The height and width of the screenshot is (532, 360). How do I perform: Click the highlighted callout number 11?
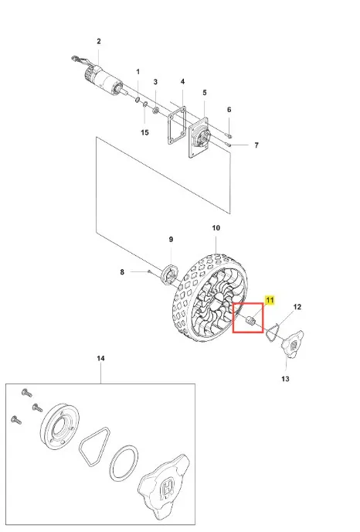pyautogui.click(x=270, y=300)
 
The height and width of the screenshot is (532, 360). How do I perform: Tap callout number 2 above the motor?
pyautogui.click(x=99, y=42)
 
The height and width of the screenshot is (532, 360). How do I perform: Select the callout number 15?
pyautogui.click(x=144, y=132)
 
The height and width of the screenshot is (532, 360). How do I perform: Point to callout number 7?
pyautogui.click(x=256, y=145)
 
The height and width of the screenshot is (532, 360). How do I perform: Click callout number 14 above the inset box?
pyautogui.click(x=100, y=358)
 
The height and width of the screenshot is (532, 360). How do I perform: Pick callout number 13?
pyautogui.click(x=285, y=379)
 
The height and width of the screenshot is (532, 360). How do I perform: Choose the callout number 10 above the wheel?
pyautogui.click(x=216, y=228)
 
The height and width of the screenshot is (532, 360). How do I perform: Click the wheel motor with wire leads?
pyautogui.click(x=98, y=77)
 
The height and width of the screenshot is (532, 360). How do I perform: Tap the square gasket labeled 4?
pyautogui.click(x=177, y=125)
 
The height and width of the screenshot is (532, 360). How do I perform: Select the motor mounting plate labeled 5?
pyautogui.click(x=199, y=138)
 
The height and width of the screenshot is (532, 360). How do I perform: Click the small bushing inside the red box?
pyautogui.click(x=250, y=320)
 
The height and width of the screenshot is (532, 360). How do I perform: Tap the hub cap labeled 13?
pyautogui.click(x=292, y=344)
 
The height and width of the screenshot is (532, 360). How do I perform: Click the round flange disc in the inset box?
pyautogui.click(x=59, y=428)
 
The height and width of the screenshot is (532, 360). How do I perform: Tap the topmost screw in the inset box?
pyautogui.click(x=26, y=393)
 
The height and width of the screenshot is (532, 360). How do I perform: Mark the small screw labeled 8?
pyautogui.click(x=149, y=271)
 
